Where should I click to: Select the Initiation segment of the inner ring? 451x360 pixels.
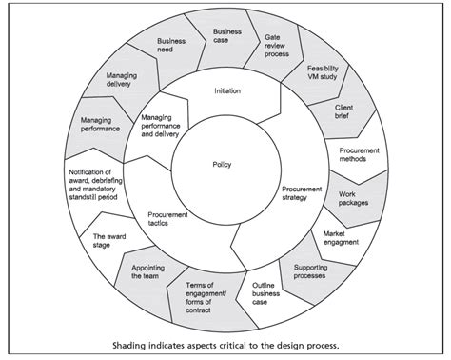pyautogui.click(x=221, y=91)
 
